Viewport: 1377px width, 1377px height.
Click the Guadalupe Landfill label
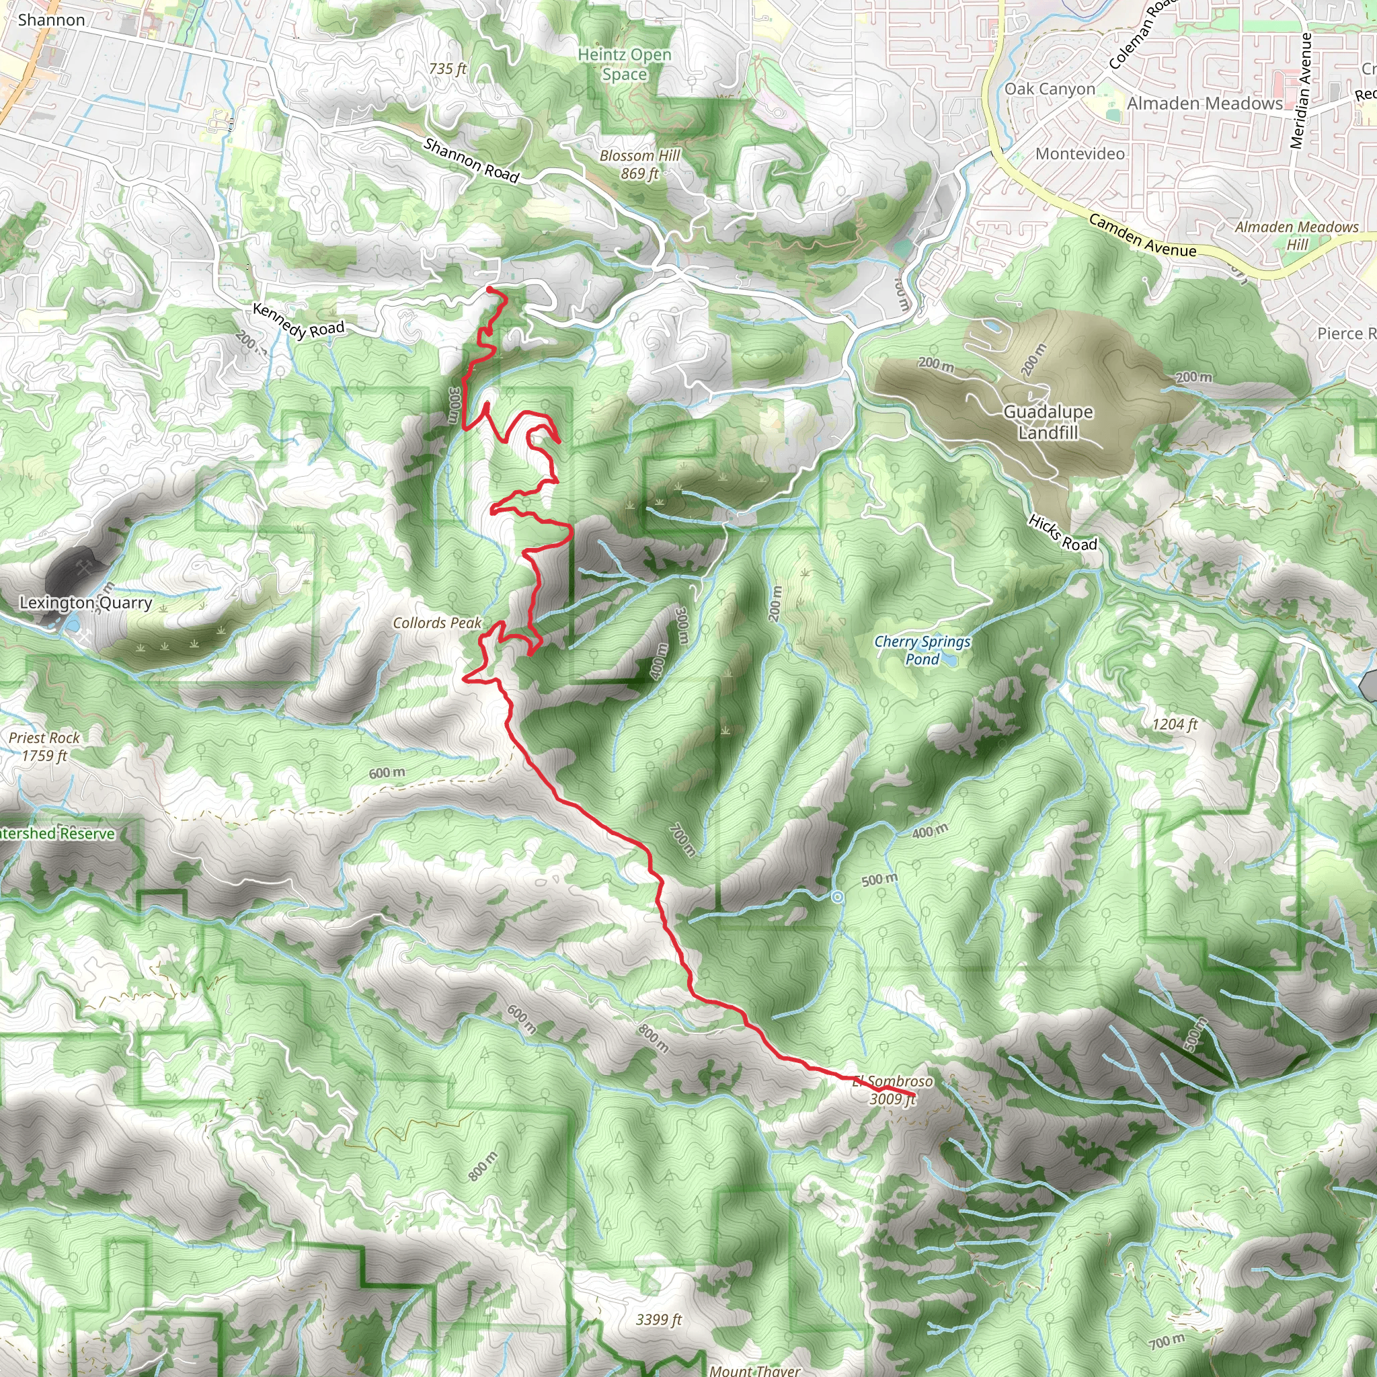point(1048,422)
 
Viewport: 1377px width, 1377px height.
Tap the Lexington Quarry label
point(85,603)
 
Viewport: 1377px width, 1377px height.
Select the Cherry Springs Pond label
point(922,650)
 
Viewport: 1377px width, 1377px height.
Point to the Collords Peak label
point(437,623)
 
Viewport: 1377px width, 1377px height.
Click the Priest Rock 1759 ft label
point(44,746)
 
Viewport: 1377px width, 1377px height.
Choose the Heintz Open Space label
point(625,64)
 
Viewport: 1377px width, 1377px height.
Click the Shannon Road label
point(471,159)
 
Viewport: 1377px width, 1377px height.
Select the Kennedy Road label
point(299,321)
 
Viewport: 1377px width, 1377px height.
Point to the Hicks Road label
point(1062,533)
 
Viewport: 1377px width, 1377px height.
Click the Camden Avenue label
point(1142,236)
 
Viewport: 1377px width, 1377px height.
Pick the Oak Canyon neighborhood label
point(1049,89)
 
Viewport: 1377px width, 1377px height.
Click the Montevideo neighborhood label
point(1080,154)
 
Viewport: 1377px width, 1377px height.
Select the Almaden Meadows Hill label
point(1296,235)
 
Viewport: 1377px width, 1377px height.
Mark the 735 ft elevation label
point(448,69)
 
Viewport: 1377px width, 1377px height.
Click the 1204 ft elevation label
point(1175,725)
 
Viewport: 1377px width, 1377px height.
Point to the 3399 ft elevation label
point(658,1320)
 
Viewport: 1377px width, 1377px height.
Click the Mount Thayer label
point(754,1370)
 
